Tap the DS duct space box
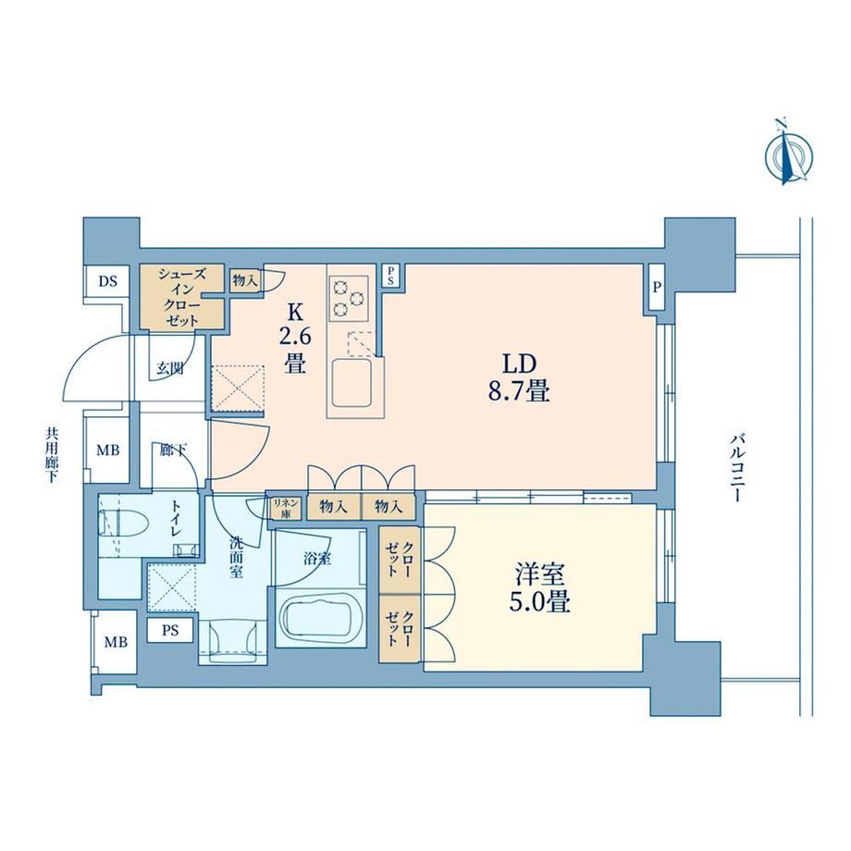tap(108, 281)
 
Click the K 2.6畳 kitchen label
tap(295, 338)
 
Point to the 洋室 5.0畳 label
tap(539, 587)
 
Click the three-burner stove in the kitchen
tap(349, 298)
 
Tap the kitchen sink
tap(351, 382)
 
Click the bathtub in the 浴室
tap(319, 617)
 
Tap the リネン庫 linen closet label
tap(286, 507)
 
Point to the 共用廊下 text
tap(52, 455)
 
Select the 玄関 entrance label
tap(170, 369)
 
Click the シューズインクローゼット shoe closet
tap(182, 297)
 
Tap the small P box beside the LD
tap(657, 287)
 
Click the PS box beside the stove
tap(389, 276)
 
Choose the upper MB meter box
tap(107, 450)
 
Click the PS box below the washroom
tap(170, 631)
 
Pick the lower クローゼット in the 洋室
tap(400, 628)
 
